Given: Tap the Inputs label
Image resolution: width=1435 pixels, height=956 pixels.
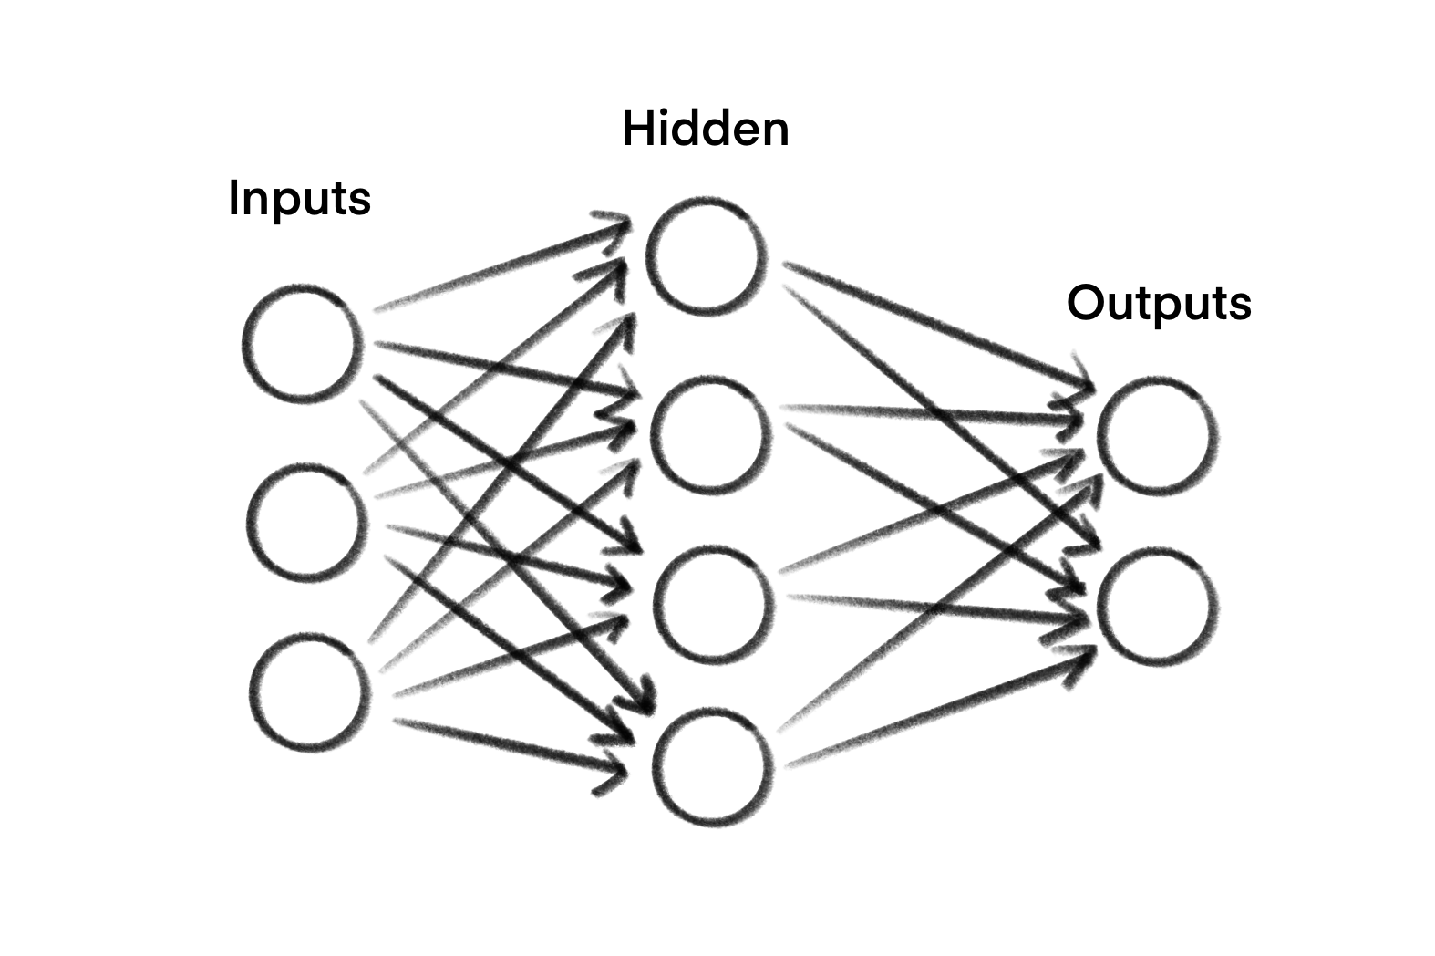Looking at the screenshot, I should pyautogui.click(x=299, y=198).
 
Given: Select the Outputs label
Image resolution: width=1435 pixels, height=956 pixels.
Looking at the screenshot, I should pyautogui.click(x=1158, y=303).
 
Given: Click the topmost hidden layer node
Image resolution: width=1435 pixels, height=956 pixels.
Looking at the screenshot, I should pyautogui.click(x=704, y=255).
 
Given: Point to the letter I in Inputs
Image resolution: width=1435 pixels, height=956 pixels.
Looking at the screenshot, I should pyautogui.click(x=233, y=198).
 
